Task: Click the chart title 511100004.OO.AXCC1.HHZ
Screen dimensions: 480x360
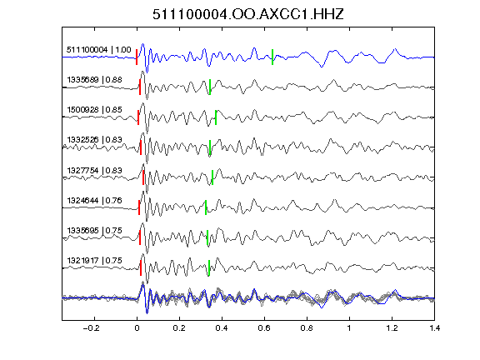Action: pos(248,14)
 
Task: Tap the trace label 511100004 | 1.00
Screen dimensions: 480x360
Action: pos(99,50)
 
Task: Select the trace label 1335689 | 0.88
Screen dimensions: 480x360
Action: pos(95,80)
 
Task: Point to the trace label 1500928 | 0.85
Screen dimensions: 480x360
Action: pos(95,110)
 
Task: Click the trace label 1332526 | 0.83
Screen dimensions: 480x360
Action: pos(95,140)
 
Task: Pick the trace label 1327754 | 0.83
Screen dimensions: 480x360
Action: pos(95,170)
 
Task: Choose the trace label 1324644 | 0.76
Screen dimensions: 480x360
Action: pos(95,201)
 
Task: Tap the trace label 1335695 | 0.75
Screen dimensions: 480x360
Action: pos(95,231)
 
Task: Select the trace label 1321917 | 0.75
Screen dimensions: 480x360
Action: pos(95,261)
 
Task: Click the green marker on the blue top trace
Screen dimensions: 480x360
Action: pos(272,57)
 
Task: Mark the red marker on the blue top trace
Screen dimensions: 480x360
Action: pos(137,57)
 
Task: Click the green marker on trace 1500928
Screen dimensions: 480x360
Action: pos(216,117)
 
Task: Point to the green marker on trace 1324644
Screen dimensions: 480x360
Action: pos(206,207)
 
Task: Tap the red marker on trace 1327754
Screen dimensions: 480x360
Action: pos(143,177)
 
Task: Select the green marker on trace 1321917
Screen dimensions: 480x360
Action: pos(209,267)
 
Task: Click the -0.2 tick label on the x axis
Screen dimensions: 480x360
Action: pos(92,328)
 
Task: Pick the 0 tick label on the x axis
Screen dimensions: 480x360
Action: pos(137,328)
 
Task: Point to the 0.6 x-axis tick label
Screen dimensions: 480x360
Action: pos(264,328)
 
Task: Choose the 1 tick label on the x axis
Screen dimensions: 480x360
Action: pos(349,328)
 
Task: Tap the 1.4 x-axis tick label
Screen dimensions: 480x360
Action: pos(434,328)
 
